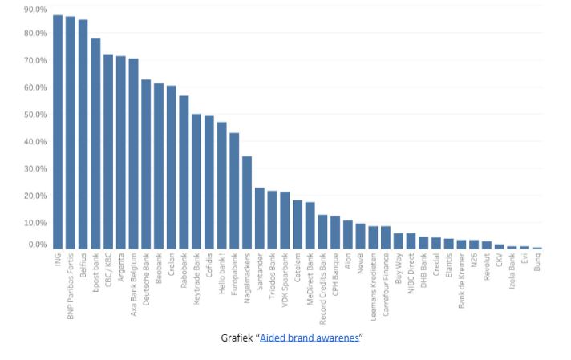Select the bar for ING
pyautogui.click(x=58, y=132)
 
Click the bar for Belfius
pyautogui.click(x=83, y=135)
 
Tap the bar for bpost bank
pyautogui.click(x=95, y=144)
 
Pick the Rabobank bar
pyautogui.click(x=184, y=173)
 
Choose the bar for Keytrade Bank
pyautogui.click(x=196, y=182)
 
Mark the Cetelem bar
pyautogui.click(x=297, y=225)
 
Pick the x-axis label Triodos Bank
pyautogui.click(x=272, y=276)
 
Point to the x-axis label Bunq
pyautogui.click(x=537, y=265)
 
